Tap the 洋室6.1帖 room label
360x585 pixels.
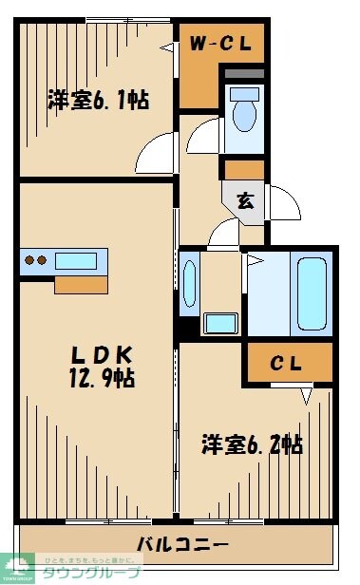(x=99, y=100)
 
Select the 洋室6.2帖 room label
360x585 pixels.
(x=252, y=443)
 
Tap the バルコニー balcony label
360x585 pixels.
(x=181, y=544)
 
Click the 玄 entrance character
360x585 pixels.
(x=245, y=200)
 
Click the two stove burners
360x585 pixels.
(x=36, y=260)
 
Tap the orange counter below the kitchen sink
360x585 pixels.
(x=80, y=284)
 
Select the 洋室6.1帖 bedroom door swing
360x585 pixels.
(x=157, y=153)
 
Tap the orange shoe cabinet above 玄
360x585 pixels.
(x=243, y=170)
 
